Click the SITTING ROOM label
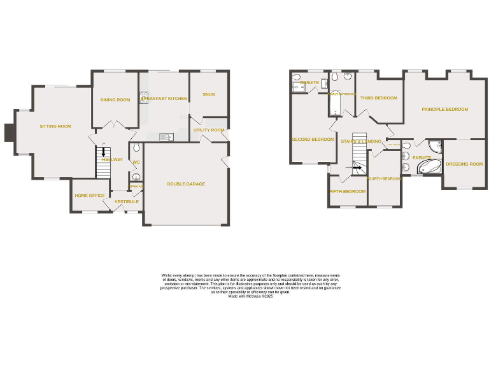coord(55,127)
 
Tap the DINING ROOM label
coord(115,100)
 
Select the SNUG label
coord(209,94)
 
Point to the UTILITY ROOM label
coord(209,130)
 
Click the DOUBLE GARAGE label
coord(186,184)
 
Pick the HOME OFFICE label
coord(90,196)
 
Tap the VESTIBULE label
coord(127,202)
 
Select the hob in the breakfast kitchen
coord(143,97)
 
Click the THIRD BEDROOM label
coord(378,98)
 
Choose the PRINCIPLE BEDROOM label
coord(444,110)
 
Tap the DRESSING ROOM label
coord(464,164)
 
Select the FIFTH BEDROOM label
coord(348,192)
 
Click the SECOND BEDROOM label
coord(313,140)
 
